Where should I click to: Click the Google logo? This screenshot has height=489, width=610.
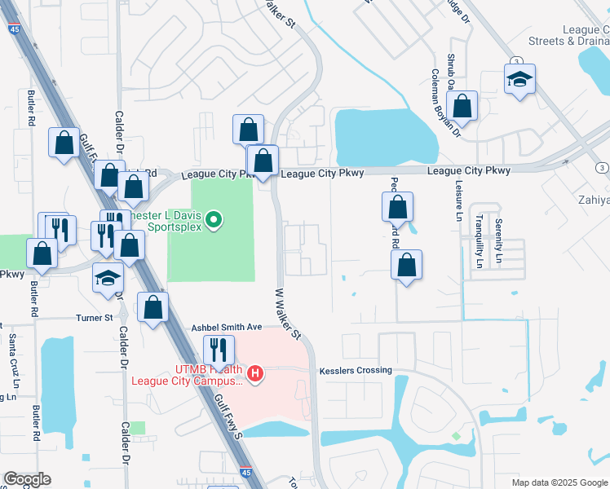coord(27,479)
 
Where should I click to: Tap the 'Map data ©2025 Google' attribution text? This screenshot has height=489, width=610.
coord(559,482)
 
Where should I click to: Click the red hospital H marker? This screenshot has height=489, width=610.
coord(255,375)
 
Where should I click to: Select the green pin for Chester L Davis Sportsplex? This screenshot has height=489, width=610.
coord(213,219)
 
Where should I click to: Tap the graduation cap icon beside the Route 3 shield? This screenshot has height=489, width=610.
coord(519,79)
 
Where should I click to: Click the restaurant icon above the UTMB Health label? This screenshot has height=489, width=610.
coord(218,350)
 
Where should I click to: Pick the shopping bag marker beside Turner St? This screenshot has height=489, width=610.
coord(152,307)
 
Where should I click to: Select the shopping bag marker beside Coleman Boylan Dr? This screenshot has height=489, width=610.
coord(462,106)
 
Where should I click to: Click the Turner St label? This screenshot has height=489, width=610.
coord(95,318)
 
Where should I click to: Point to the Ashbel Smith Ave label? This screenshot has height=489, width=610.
coord(227,327)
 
